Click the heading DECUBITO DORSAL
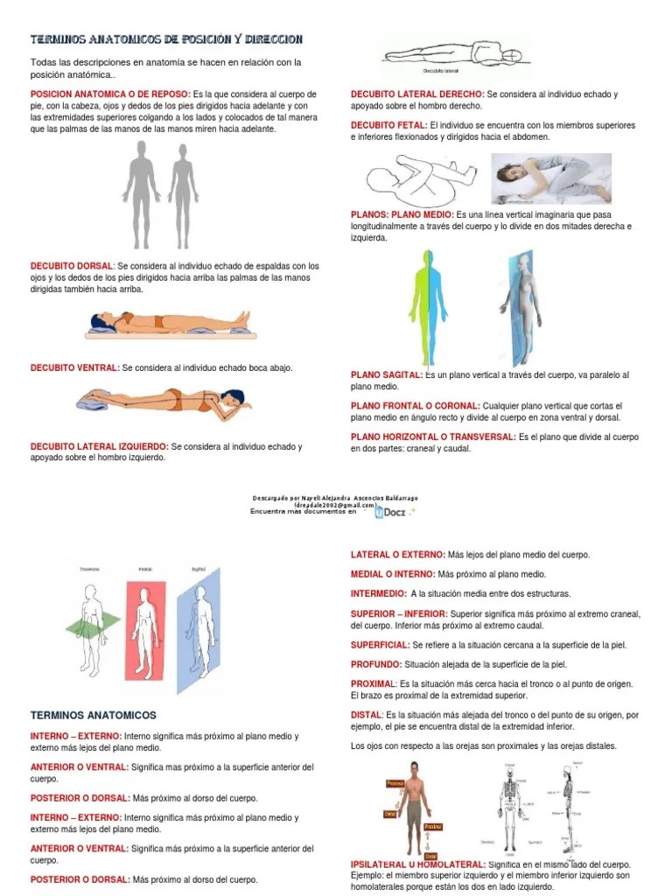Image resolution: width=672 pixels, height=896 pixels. click(73, 265)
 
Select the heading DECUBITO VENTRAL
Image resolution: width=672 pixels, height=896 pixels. click(75, 368)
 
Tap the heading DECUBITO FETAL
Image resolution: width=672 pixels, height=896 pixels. click(389, 125)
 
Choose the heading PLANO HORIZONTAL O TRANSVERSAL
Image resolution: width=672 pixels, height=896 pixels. click(433, 437)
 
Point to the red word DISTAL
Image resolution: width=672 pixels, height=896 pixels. click(367, 715)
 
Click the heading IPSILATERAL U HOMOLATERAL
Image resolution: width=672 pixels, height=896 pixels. click(418, 864)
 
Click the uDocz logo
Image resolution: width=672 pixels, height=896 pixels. click(391, 513)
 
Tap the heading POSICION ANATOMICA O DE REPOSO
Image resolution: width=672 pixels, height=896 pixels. click(110, 94)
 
